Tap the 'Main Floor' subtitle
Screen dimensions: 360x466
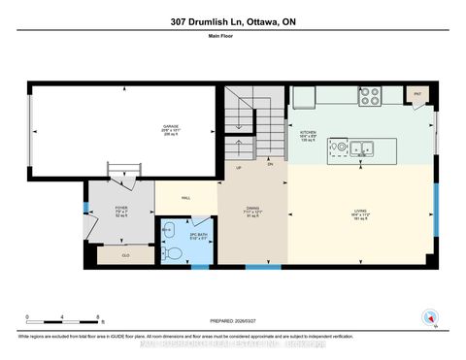click(233, 40)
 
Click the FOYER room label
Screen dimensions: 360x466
click(121, 209)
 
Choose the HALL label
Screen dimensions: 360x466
click(184, 198)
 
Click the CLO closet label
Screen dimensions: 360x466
click(126, 254)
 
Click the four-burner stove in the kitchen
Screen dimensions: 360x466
click(370, 96)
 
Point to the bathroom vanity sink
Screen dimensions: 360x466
click(168, 229)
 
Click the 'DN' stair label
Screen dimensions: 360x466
click(270, 164)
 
